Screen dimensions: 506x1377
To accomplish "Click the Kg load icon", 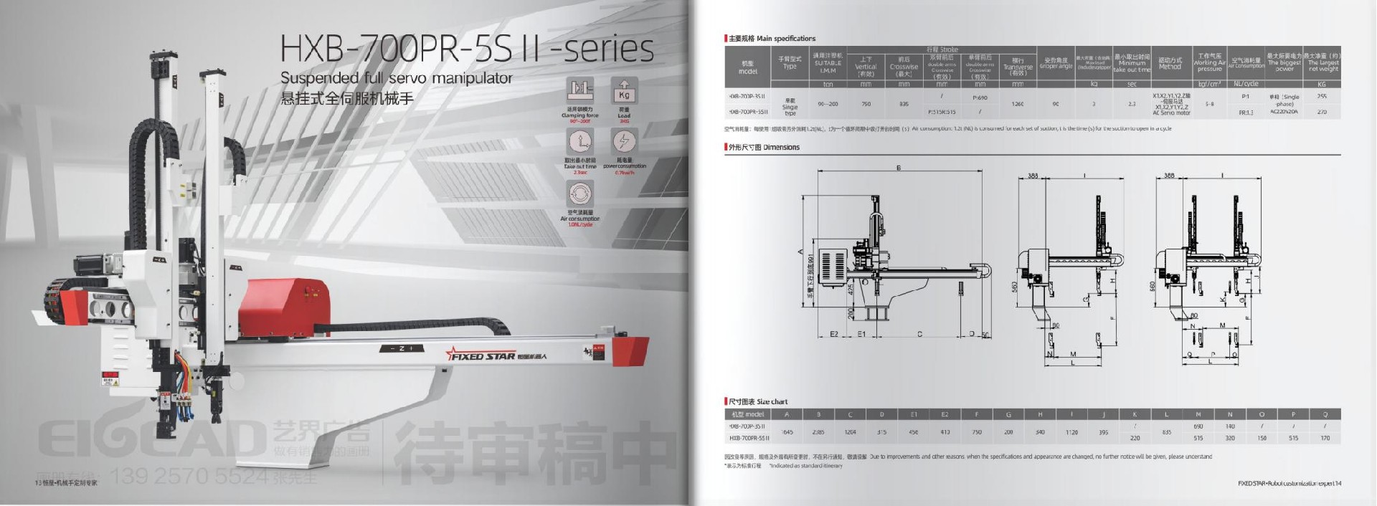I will coord(623,92).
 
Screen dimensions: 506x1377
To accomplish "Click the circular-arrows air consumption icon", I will coord(579,194).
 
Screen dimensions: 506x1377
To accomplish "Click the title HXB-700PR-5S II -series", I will coord(466,48).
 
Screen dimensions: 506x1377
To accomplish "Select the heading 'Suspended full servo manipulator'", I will coord(396,77).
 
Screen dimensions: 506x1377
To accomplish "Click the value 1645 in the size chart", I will coord(787,432).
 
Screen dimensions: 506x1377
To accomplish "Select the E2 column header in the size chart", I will coord(945,414).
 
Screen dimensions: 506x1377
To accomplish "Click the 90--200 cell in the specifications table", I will coord(827,104).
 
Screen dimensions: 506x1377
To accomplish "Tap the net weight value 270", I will coord(1322,112).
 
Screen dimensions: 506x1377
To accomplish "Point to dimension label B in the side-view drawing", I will coord(898,168).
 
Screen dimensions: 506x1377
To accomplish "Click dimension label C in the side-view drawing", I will coord(919,334).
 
